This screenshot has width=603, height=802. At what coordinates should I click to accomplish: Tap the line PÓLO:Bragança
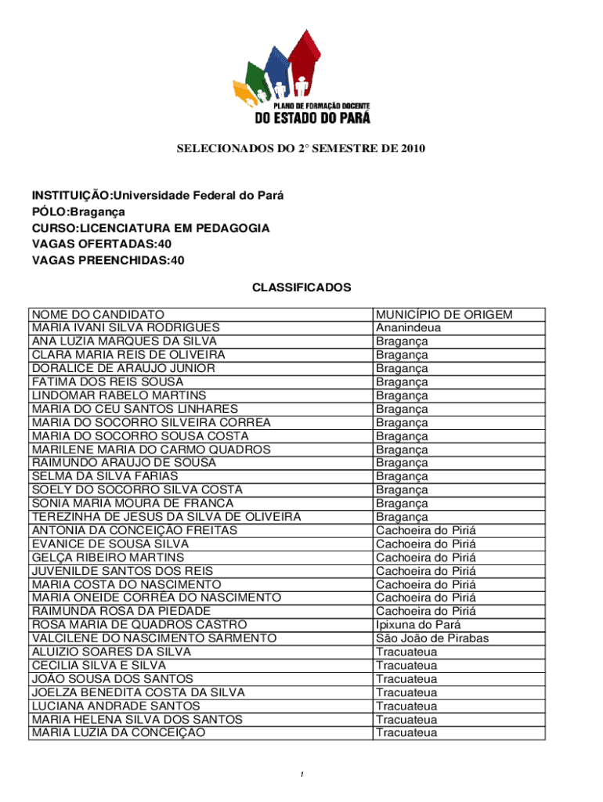click(x=78, y=211)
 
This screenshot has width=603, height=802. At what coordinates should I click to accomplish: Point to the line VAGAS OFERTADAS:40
click(x=101, y=244)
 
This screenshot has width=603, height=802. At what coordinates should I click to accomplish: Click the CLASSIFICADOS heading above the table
click(x=301, y=287)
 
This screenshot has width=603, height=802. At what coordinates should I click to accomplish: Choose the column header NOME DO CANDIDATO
click(x=98, y=315)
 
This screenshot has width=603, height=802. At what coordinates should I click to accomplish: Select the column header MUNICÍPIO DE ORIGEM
click(x=444, y=315)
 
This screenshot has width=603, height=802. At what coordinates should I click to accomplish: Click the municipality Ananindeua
click(x=408, y=328)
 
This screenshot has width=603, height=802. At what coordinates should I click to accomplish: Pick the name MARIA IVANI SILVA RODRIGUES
click(x=125, y=328)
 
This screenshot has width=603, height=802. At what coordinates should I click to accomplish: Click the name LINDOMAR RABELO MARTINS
click(x=119, y=396)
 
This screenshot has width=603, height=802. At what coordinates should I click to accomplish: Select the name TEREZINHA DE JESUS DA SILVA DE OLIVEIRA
click(x=166, y=517)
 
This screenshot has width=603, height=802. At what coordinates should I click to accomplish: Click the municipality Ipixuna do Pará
click(x=418, y=624)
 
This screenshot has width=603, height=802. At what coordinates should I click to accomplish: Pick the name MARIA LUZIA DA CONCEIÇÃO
click(x=118, y=732)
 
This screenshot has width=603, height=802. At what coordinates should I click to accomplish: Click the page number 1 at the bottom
click(x=301, y=775)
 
